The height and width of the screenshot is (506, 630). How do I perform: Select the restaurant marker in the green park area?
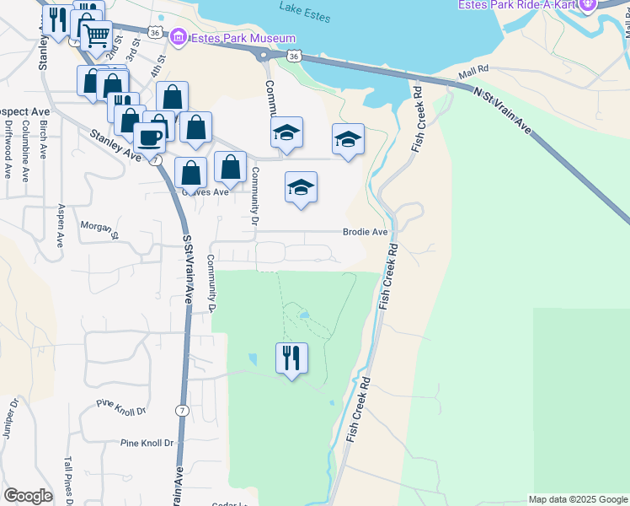tap(291, 358)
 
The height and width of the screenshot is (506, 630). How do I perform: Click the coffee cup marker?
tap(149, 137)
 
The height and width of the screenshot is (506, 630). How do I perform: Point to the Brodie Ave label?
tap(365, 232)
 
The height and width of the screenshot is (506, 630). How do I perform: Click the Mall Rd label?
tap(473, 73)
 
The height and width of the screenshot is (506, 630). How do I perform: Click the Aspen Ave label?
tap(61, 225)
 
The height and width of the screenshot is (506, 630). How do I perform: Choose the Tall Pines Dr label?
tap(67, 480)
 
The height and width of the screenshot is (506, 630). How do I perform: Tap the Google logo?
tap(28, 496)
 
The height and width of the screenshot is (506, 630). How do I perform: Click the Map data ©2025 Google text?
tap(577, 499)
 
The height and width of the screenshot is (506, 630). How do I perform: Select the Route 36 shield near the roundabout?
tap(291, 55)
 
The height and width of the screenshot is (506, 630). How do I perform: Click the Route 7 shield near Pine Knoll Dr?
tap(181, 411)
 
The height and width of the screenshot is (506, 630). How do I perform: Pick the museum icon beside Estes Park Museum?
tap(178, 38)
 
